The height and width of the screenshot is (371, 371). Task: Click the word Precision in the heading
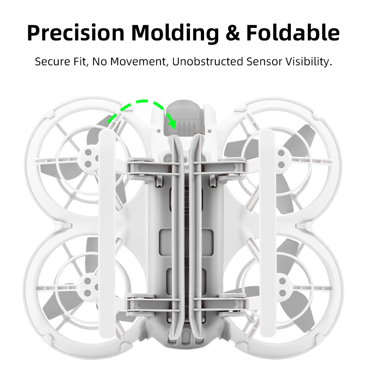(x=76, y=33)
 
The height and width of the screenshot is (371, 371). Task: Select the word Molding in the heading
(x=175, y=33)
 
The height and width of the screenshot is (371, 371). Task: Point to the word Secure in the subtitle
(x=53, y=62)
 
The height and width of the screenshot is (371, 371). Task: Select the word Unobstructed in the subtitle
(x=208, y=62)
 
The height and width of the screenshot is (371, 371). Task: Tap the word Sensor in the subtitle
(x=265, y=62)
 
